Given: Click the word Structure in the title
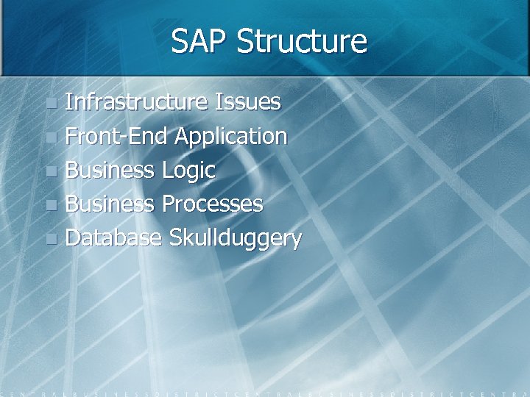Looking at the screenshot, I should click(302, 41).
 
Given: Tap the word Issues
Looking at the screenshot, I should click(247, 101).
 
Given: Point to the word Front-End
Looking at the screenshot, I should click(117, 136).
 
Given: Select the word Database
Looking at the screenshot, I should click(113, 237).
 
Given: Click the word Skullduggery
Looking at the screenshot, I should click(235, 239).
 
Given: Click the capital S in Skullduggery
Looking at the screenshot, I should click(175, 237).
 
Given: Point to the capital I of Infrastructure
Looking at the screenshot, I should click(68, 101).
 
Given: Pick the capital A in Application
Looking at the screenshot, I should click(182, 136).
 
